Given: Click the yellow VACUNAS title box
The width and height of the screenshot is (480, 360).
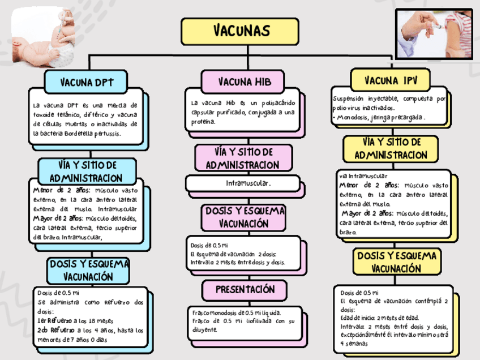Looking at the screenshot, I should [240, 31].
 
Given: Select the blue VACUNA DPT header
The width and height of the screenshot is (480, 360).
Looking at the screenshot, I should [87, 82].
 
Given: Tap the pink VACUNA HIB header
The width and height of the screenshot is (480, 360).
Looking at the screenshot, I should [244, 82].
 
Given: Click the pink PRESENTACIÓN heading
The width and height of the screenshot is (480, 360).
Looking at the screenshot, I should [245, 290].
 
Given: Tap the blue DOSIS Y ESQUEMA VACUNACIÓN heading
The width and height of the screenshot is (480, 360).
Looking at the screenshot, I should [88, 271].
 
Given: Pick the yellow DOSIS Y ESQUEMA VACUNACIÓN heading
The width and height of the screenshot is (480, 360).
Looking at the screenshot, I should [397, 262].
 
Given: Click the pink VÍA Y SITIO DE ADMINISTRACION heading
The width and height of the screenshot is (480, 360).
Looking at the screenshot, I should [243, 158].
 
